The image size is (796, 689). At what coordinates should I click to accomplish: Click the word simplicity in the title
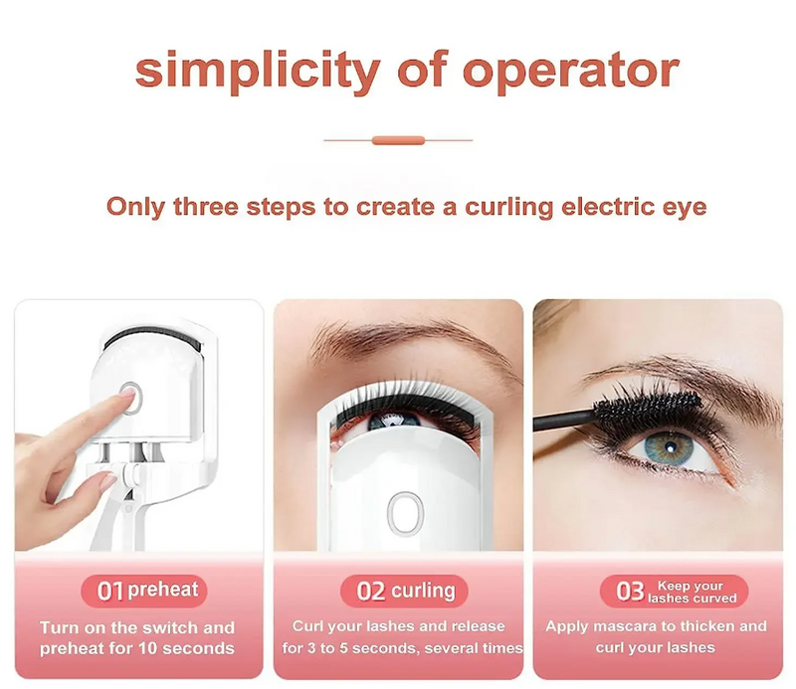(x=258, y=72)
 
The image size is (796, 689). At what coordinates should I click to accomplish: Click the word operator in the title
(x=571, y=72)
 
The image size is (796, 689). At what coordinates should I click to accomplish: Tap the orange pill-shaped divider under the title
(x=398, y=140)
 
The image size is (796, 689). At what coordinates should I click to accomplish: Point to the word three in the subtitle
(x=206, y=207)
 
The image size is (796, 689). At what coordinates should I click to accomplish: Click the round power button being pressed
(x=131, y=398)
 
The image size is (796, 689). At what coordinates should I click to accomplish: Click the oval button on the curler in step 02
(x=405, y=512)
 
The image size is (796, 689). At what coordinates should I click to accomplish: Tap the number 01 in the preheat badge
(x=110, y=592)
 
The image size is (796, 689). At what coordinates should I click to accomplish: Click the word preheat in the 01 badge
(x=163, y=590)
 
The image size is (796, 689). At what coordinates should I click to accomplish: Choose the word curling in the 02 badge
(x=424, y=592)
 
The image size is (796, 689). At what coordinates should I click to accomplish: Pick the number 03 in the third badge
(x=630, y=592)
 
